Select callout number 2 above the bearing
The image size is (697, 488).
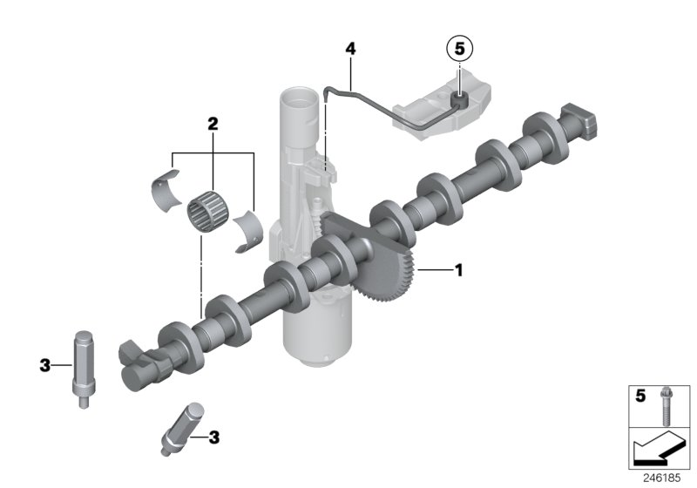click(x=212, y=125)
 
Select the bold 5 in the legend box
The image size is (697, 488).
click(x=639, y=396)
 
